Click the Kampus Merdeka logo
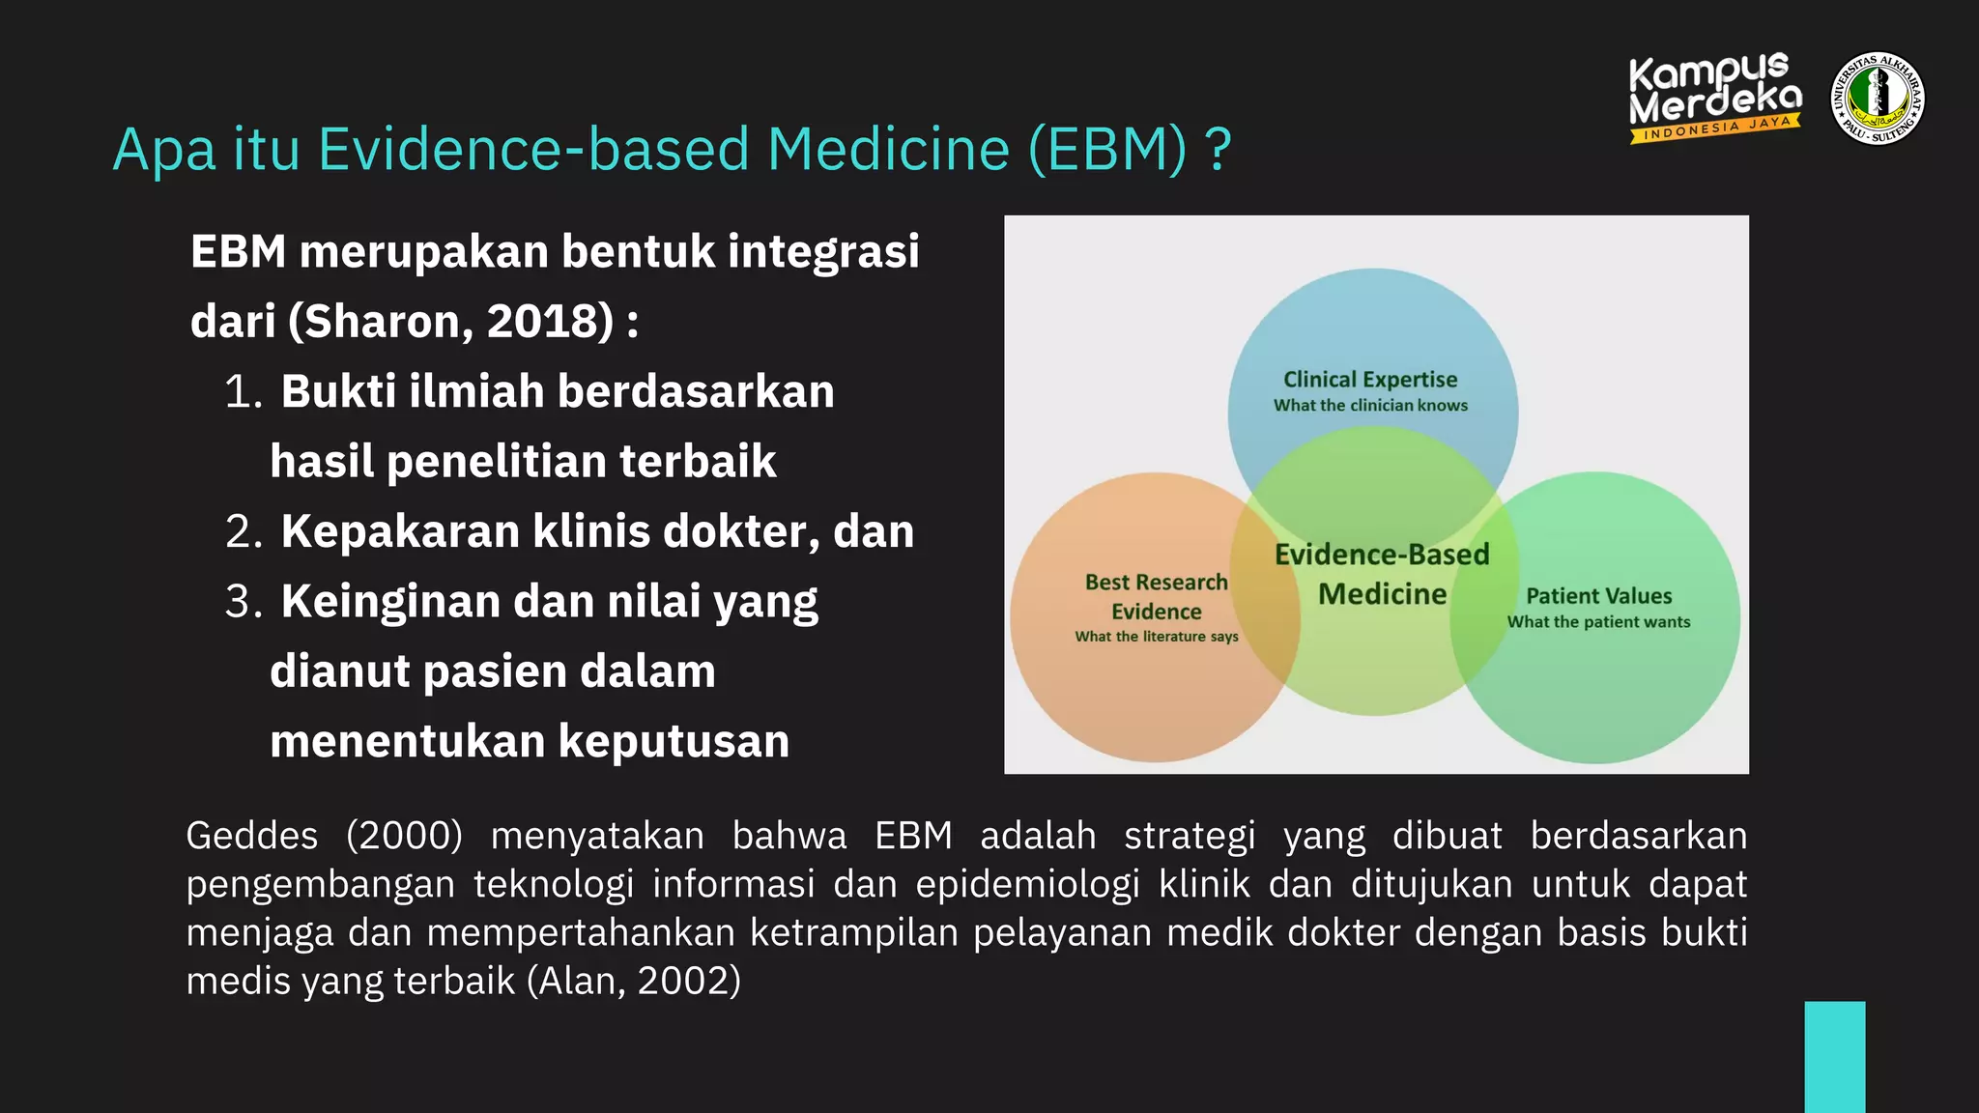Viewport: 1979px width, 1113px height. pyautogui.click(x=1714, y=97)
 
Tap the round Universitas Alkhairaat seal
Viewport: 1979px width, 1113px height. pyautogui.click(x=1878, y=99)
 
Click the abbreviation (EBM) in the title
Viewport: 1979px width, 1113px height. pyautogui.click(x=1107, y=150)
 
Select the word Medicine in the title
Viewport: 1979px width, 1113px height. pyautogui.click(x=888, y=150)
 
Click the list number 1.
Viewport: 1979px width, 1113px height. pyautogui.click(x=243, y=392)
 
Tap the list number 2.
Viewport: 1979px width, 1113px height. pyautogui.click(x=243, y=532)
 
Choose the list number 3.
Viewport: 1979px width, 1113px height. pyautogui.click(x=243, y=602)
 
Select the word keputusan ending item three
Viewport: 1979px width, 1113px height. pyautogui.click(x=674, y=742)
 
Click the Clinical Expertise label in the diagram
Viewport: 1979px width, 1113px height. pyautogui.click(x=1369, y=380)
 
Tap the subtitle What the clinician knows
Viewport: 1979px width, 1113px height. pyautogui.click(x=1369, y=406)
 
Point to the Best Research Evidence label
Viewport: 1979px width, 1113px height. pyautogui.click(x=1156, y=596)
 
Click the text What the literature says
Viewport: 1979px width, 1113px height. pyautogui.click(x=1156, y=637)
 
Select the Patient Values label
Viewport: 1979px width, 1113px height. pyautogui.click(x=1598, y=596)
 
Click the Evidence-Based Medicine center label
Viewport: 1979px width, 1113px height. pyautogui.click(x=1382, y=574)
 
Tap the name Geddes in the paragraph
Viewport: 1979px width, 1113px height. pyautogui.click(x=251, y=836)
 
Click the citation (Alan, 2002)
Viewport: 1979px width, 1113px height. pyautogui.click(x=634, y=982)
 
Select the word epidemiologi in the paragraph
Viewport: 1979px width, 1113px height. pyautogui.click(x=1027, y=885)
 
